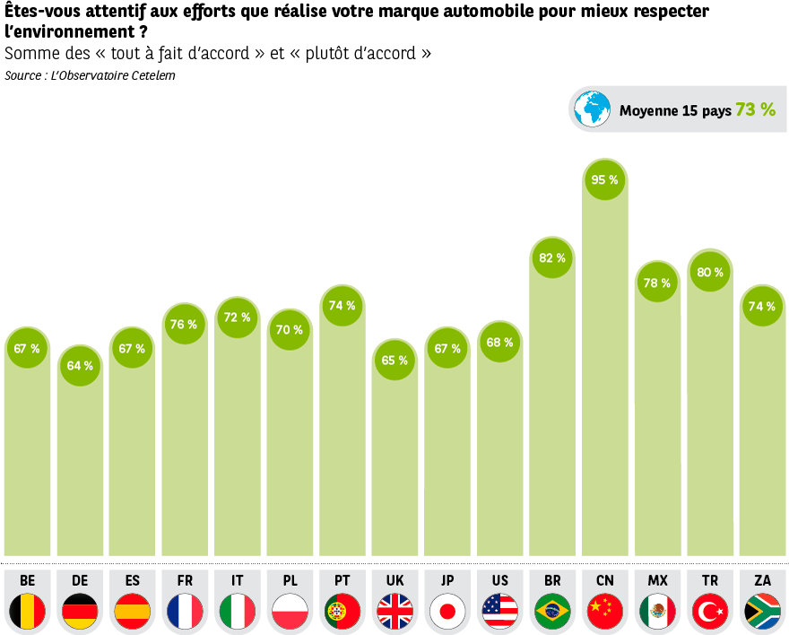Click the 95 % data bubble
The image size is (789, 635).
[604, 179]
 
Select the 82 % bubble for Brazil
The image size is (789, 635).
[552, 257]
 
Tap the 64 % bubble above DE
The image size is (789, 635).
[80, 365]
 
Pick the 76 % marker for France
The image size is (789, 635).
[185, 324]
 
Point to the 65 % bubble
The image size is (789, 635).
[394, 360]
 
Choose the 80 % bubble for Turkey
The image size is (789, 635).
[710, 272]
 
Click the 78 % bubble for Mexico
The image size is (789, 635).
[657, 283]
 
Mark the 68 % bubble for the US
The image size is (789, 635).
[499, 342]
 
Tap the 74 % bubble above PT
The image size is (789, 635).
[342, 305]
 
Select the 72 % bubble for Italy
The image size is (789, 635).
[237, 317]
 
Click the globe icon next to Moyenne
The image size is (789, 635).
[592, 109]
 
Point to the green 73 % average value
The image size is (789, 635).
[755, 109]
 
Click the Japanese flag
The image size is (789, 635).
[447, 612]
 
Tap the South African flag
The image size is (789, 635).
[762, 612]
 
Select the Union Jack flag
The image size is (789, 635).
[394, 612]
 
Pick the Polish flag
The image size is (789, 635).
[290, 612]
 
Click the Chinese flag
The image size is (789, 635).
[604, 612]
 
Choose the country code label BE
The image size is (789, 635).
[27, 581]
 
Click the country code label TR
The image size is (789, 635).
[710, 581]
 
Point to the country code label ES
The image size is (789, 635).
[132, 581]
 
